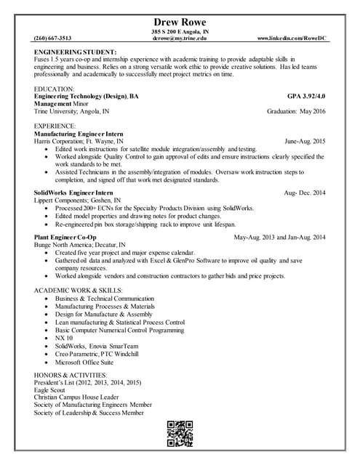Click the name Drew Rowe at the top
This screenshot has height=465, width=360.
point(180,21)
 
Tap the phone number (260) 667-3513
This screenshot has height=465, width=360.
point(53,37)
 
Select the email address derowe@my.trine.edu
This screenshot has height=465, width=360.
point(179,38)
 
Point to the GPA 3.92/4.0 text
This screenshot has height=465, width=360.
point(306,96)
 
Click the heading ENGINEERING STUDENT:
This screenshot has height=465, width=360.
point(76,53)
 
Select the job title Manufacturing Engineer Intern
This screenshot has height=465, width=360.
point(79,134)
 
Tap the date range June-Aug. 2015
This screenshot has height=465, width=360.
point(305,142)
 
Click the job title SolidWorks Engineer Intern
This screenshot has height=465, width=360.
point(72,192)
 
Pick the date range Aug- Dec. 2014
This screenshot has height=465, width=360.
point(305,192)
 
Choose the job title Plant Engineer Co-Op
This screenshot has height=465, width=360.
point(65,238)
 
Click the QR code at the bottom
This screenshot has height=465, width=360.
point(180,434)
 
